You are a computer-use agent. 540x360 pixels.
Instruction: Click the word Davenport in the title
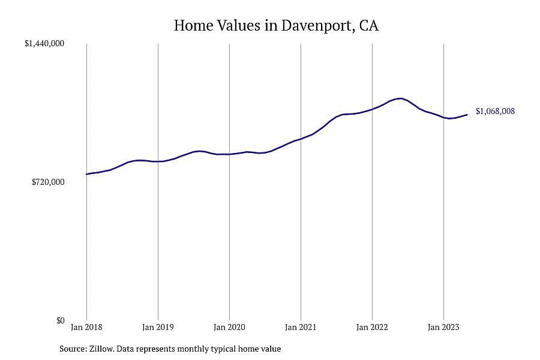(x=317, y=26)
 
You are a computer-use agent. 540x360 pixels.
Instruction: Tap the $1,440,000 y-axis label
(x=44, y=43)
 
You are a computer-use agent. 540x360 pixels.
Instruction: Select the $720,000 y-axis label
(x=48, y=182)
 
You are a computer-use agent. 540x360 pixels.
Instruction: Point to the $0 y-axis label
(x=61, y=320)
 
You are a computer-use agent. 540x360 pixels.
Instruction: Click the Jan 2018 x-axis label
(x=86, y=327)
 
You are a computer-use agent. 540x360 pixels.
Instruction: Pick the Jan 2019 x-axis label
(x=158, y=327)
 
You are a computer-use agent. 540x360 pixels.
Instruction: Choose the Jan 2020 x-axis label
(x=229, y=327)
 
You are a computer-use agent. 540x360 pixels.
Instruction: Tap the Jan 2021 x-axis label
(x=301, y=327)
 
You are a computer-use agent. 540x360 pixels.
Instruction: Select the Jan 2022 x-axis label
(x=372, y=327)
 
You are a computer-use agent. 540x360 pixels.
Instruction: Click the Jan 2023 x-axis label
(x=443, y=327)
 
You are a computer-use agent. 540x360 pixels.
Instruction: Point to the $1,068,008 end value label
(x=495, y=111)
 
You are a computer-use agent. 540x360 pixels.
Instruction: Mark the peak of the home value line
(x=400, y=98)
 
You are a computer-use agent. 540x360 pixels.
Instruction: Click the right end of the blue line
(x=467, y=115)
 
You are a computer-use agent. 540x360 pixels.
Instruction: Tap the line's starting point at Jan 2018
(x=86, y=174)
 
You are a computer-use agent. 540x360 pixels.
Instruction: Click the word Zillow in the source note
(x=101, y=349)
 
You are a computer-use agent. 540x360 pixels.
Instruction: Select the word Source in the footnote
(x=73, y=349)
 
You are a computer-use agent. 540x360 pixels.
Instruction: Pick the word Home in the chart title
(x=194, y=25)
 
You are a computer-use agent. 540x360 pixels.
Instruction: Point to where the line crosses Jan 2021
(x=301, y=139)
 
